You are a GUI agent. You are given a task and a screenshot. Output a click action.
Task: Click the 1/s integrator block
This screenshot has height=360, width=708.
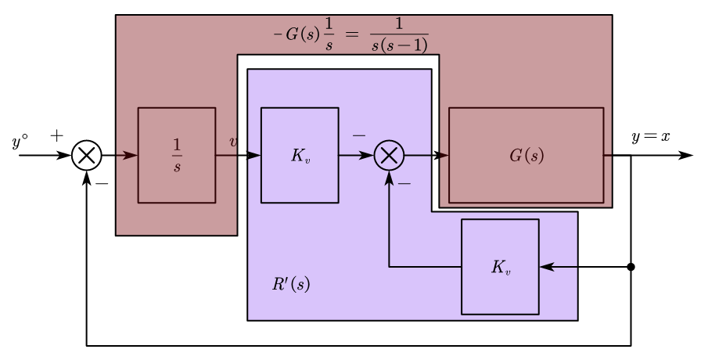click(x=177, y=155)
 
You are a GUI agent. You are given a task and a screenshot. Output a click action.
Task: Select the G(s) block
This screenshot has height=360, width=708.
click(x=526, y=155)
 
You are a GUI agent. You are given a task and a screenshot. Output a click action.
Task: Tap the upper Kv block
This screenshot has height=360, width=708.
click(x=300, y=155)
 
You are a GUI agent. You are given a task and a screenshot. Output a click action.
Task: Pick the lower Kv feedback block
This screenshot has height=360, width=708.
click(x=500, y=267)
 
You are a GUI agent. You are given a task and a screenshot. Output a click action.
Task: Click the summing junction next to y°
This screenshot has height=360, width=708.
click(x=86, y=155)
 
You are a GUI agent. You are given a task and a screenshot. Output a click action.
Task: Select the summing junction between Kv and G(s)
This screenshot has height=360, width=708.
click(x=389, y=155)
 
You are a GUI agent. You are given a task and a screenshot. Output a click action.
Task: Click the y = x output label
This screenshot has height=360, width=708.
click(x=651, y=136)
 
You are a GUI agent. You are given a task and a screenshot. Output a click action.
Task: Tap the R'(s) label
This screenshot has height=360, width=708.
click(x=291, y=284)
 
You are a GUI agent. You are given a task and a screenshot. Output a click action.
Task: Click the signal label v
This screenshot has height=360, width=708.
click(x=233, y=142)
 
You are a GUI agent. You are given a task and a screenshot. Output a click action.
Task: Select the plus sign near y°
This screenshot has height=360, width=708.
click(x=56, y=135)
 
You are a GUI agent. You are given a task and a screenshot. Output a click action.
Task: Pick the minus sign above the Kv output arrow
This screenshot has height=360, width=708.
click(x=358, y=135)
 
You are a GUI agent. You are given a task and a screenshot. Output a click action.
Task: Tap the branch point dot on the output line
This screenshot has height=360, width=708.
click(x=631, y=267)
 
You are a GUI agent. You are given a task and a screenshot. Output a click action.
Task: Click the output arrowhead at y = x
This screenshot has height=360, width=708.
click(x=688, y=155)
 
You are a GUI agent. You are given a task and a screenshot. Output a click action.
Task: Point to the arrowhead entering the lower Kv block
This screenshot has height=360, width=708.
click(x=546, y=267)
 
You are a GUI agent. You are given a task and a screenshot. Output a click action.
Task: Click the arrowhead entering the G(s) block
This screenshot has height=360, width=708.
click(x=442, y=155)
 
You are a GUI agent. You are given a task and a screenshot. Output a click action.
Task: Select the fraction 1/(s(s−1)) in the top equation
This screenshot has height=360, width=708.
click(x=399, y=35)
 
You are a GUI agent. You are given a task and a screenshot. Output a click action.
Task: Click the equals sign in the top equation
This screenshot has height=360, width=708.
click(x=351, y=34)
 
